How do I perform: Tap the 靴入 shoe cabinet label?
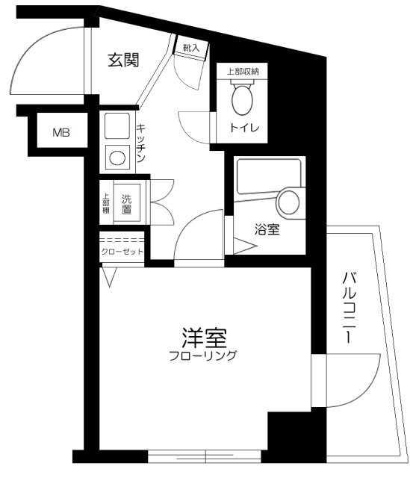191,48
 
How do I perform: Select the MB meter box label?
61,134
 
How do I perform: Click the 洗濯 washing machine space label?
127,203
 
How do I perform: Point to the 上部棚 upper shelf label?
105,204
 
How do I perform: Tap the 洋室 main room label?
203,338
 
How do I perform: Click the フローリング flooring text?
202,356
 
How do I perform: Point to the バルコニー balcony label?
348,307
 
